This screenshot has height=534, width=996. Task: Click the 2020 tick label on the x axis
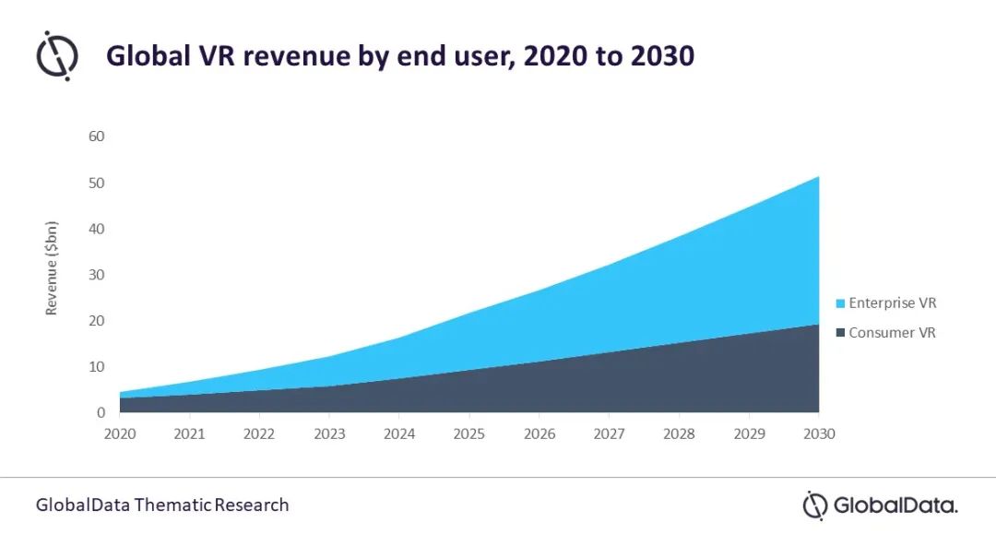tap(120, 433)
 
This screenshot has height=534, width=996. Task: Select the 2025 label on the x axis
tap(469, 433)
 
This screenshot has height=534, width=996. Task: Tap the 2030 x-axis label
tap(818, 433)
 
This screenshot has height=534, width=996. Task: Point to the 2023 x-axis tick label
tap(329, 433)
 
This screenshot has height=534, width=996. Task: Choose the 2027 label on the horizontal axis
tap(609, 433)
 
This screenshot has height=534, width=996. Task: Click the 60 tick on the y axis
tap(96, 136)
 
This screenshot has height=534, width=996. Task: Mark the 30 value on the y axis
tap(96, 275)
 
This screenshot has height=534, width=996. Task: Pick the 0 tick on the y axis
tap(101, 413)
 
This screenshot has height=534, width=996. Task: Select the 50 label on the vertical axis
tap(96, 183)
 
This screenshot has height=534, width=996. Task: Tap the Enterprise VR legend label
tap(892, 303)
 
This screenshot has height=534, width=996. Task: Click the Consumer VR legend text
tap(892, 332)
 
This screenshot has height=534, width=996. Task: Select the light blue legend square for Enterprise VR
tap(840, 303)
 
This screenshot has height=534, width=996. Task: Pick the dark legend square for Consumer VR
tap(840, 333)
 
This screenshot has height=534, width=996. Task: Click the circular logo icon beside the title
tap(57, 55)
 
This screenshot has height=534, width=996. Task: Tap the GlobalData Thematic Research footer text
tap(162, 504)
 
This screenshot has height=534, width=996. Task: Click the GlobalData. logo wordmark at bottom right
tap(895, 504)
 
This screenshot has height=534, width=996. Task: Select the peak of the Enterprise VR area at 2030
tap(817, 177)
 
